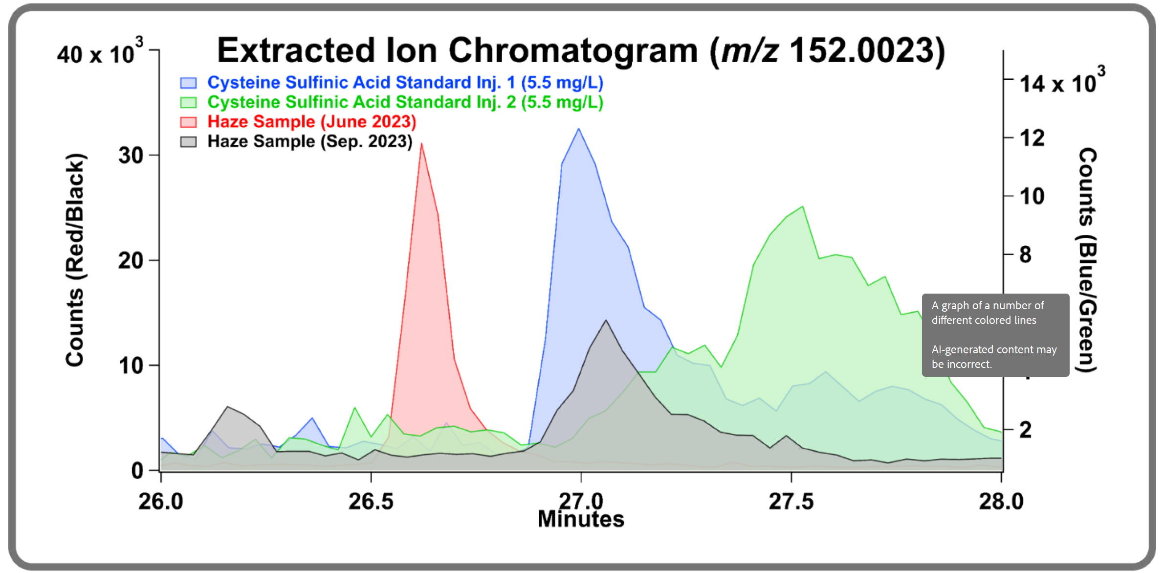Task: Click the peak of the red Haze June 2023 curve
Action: point(421,144)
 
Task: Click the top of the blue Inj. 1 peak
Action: point(579,129)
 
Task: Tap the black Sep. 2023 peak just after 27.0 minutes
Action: point(606,321)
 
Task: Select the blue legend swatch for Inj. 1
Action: point(188,83)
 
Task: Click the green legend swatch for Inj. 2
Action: point(188,102)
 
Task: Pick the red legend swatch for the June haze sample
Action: point(188,122)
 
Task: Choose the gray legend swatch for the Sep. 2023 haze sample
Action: point(188,142)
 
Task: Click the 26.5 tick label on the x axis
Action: point(371,502)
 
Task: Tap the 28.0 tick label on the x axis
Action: point(1001,502)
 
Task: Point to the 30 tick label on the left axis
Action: point(131,156)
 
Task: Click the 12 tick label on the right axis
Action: point(1032,138)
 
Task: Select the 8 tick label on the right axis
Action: point(1026,255)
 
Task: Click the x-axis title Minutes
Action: point(581,519)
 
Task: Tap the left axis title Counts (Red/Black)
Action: point(75,260)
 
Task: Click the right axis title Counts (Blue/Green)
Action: point(1087,260)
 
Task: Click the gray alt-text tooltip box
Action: point(995,335)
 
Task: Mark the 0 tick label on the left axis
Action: point(137,471)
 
